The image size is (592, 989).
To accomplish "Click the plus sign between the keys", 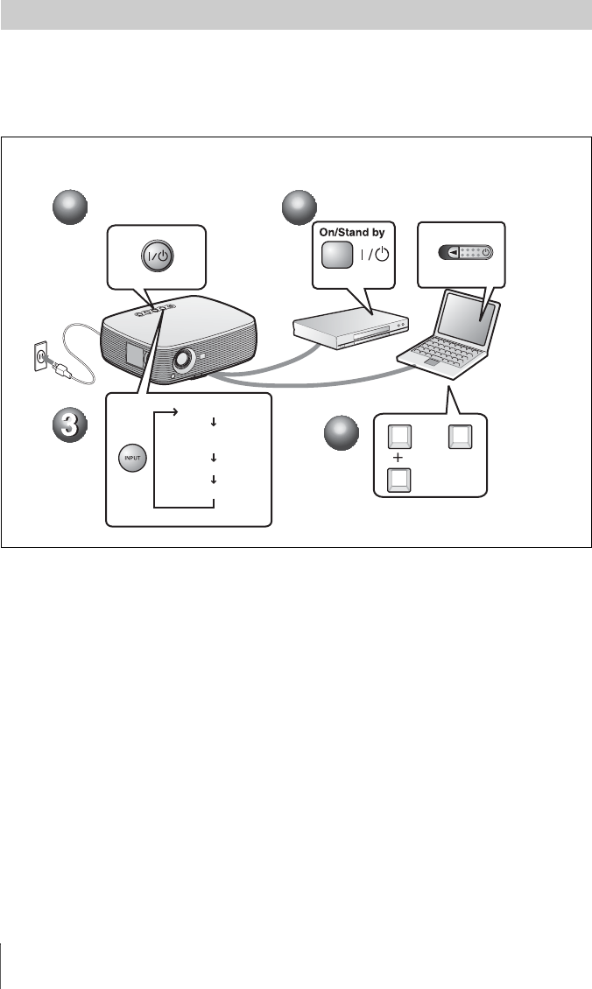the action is click(x=398, y=458).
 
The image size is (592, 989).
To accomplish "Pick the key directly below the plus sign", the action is click(x=398, y=480).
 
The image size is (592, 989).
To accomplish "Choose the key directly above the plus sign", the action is click(x=398, y=436).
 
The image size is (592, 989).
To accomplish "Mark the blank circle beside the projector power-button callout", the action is click(x=70, y=210).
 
